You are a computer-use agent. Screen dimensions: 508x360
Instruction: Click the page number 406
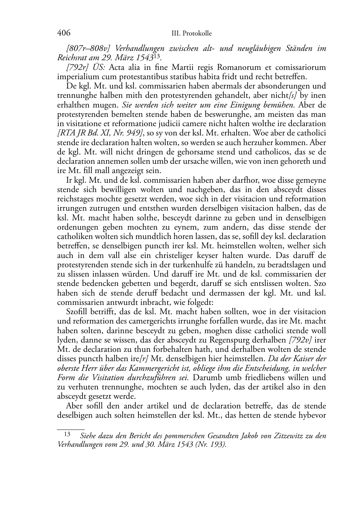tap(64, 33)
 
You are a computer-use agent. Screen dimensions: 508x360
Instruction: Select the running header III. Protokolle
tap(191, 34)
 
